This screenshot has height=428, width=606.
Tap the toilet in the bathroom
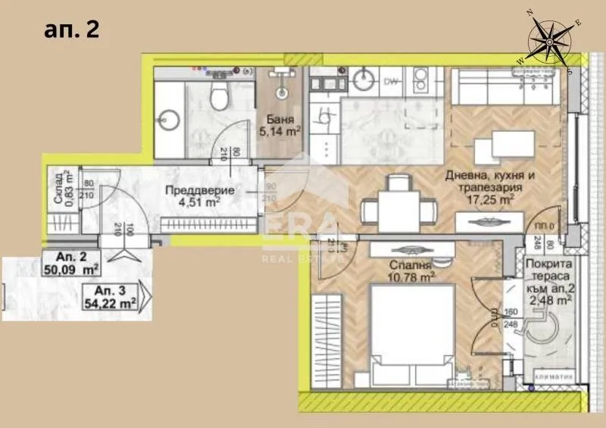[x=220, y=95]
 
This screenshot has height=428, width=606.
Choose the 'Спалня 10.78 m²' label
[x=412, y=272]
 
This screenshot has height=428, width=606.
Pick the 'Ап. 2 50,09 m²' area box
[x=73, y=262]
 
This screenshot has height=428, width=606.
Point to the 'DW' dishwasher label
[x=391, y=80]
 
